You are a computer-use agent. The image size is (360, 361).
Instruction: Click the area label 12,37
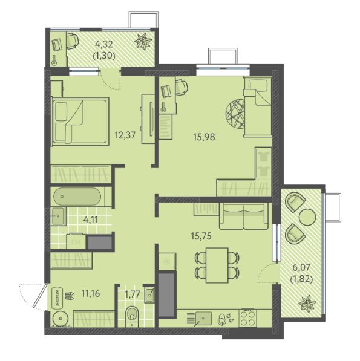coord(125,135)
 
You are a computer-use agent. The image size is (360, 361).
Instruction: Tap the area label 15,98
coord(205,137)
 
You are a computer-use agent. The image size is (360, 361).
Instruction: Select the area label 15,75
coord(201,236)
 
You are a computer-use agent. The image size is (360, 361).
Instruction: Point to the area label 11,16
coord(91,293)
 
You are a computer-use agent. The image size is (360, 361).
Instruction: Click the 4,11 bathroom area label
coord(91,220)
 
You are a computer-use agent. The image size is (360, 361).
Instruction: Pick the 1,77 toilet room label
coord(133,294)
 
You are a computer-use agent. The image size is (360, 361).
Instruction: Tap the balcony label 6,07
coord(301,267)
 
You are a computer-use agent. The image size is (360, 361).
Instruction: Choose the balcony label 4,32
coord(104,44)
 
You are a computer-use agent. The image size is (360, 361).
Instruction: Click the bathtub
coord(77,197)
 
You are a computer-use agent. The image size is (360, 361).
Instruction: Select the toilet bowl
coord(133,314)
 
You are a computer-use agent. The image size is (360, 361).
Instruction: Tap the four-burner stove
coord(247,318)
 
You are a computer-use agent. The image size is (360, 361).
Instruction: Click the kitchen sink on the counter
coord(203,319)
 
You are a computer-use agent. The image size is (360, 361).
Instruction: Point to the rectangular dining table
coord(217,265)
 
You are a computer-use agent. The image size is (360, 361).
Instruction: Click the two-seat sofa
coord(244,216)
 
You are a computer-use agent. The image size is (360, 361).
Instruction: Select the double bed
coord(80,122)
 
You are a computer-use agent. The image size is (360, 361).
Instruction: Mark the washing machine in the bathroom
coord(76,241)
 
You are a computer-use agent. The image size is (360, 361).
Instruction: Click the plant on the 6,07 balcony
coord(307,304)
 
